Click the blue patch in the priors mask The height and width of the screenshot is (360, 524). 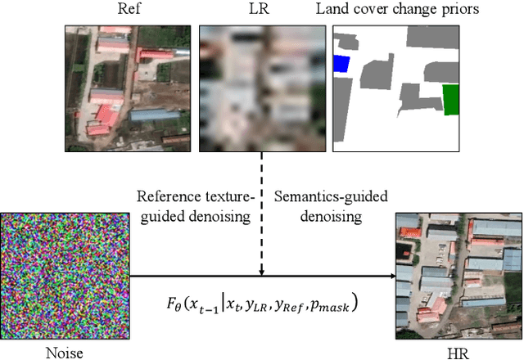[x=341, y=64]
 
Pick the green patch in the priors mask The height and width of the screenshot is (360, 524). [x=451, y=100]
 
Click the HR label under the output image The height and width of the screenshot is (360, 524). [x=458, y=352]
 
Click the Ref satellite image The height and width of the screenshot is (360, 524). [x=127, y=88]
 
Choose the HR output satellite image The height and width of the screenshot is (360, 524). [x=458, y=277]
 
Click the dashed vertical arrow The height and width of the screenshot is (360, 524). [x=260, y=213]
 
